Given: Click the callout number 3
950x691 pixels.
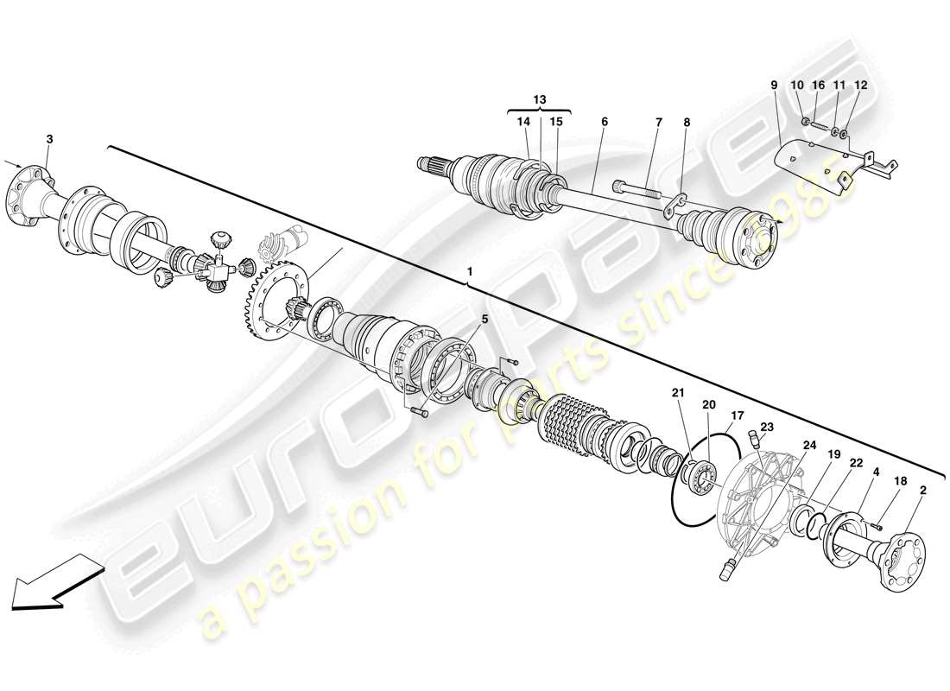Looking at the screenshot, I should click(x=49, y=138).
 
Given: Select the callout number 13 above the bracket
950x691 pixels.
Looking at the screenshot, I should click(x=540, y=100).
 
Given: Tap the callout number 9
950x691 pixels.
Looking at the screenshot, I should click(x=774, y=86).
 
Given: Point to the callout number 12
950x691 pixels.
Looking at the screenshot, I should click(x=860, y=86).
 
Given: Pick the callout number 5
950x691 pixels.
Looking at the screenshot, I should click(x=484, y=319).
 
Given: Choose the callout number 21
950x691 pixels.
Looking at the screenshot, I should click(x=678, y=394).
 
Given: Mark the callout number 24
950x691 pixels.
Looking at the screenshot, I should click(x=809, y=446).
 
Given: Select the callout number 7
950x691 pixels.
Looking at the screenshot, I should click(x=658, y=123).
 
